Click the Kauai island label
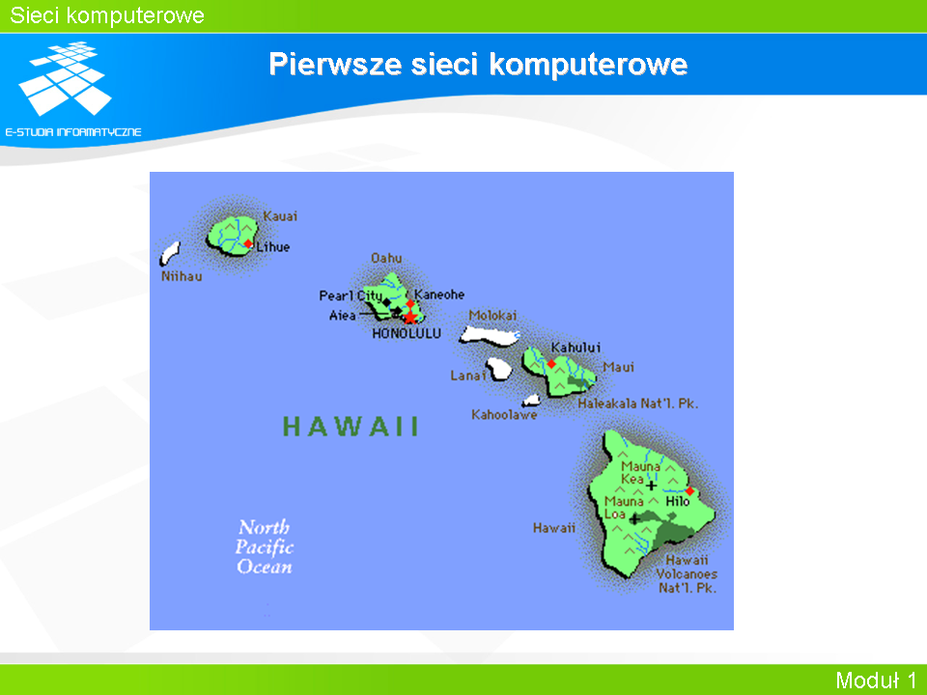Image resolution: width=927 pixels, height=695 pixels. click(x=280, y=216)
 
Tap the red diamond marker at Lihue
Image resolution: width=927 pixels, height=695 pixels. click(x=248, y=244)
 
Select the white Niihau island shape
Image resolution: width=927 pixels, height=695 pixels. click(x=170, y=254)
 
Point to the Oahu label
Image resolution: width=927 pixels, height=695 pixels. click(x=386, y=259)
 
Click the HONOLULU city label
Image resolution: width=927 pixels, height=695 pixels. click(x=407, y=334)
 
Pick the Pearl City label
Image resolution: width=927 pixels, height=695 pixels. click(x=351, y=295)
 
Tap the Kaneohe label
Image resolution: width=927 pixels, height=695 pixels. click(x=439, y=294)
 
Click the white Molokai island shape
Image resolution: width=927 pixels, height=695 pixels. click(x=490, y=336)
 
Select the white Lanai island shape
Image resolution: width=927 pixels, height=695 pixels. click(x=499, y=369)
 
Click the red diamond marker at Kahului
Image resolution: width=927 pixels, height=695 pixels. click(x=551, y=364)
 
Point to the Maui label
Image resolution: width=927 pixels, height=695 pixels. click(x=618, y=368)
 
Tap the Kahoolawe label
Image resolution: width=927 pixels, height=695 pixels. click(x=504, y=415)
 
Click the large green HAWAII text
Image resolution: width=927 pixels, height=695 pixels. click(x=351, y=426)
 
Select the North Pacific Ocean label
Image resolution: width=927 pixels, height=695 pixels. click(x=265, y=546)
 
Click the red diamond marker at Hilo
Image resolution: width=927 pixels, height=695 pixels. click(x=689, y=491)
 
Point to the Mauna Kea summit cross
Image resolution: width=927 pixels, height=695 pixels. click(x=651, y=486)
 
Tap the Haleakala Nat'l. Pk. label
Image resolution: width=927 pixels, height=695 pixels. click(x=638, y=403)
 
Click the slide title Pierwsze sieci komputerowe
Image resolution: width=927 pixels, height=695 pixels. click(x=478, y=64)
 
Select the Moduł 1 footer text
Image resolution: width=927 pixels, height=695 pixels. click(x=876, y=681)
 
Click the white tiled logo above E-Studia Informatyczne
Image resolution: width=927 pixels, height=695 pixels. click(x=66, y=77)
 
